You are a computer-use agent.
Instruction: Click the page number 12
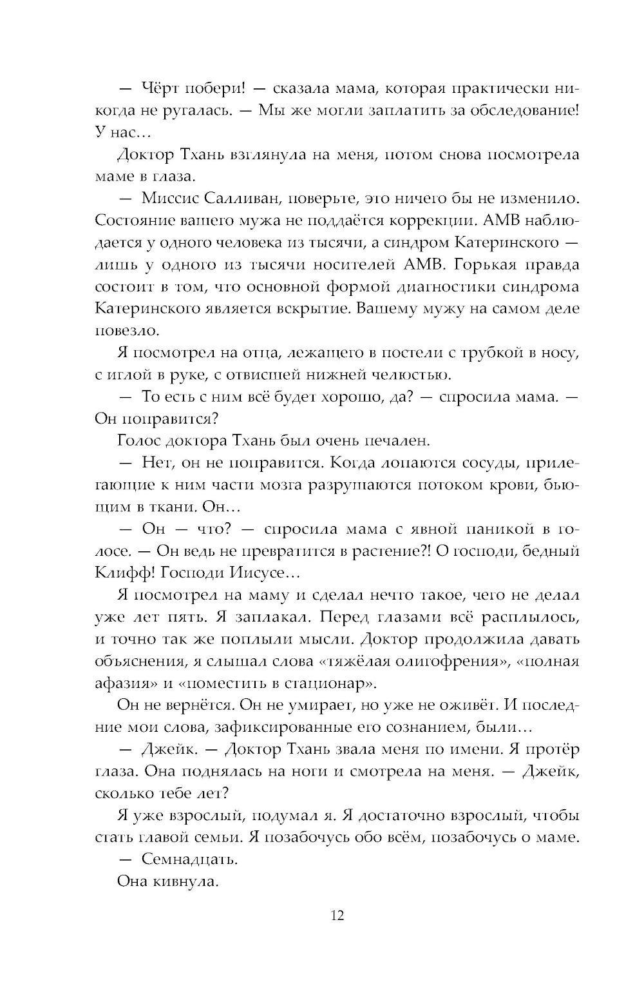[337, 915]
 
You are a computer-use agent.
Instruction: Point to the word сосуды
[488, 463]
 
